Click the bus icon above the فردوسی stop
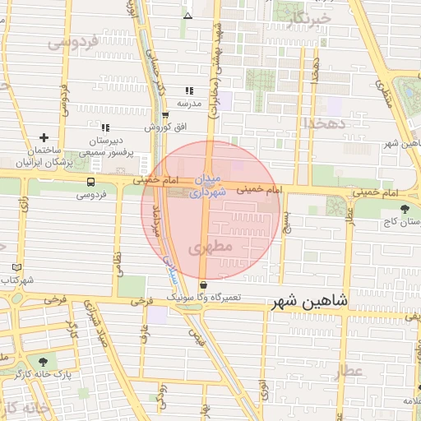pos(90,183)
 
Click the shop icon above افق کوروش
pos(166,115)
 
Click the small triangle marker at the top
pos(187,16)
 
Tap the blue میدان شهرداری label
pos(206,187)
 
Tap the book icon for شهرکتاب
pos(17,268)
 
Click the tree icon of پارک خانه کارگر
pos(43,362)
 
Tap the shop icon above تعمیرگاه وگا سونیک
pos(203,285)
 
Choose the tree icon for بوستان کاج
pos(403,209)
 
